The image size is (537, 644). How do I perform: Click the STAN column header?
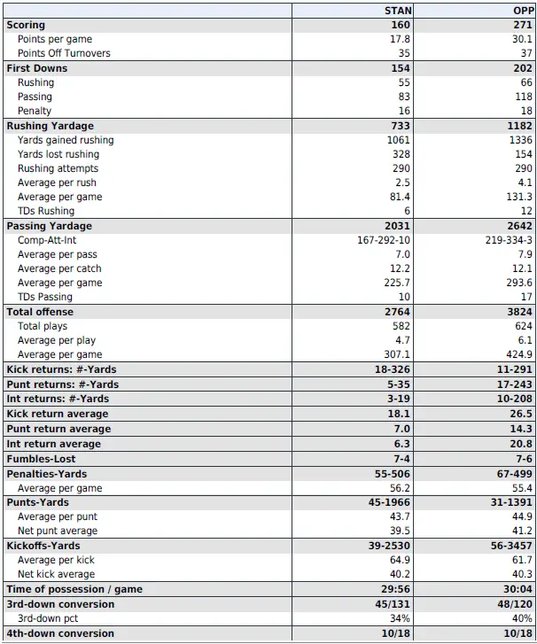pos(399,11)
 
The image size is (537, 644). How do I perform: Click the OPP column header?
pos(522,11)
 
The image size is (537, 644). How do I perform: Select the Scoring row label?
pos(26,25)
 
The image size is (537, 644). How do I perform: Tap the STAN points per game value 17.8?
pos(400,39)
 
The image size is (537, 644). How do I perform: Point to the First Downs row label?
pos(37,68)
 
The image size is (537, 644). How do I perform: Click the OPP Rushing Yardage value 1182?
pos(520,126)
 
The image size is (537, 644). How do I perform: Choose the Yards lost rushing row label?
pos(58,154)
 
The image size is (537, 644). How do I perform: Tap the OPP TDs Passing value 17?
pos(526,297)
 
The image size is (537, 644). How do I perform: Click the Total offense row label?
pos(40,312)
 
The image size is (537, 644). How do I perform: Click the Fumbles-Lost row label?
pos(41,459)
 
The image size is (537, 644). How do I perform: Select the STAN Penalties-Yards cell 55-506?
pos(393,474)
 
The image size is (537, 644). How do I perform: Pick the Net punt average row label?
pos(58,531)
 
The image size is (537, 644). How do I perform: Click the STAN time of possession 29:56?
pos(396,589)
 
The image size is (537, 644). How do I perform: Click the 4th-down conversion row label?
pos(60,633)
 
